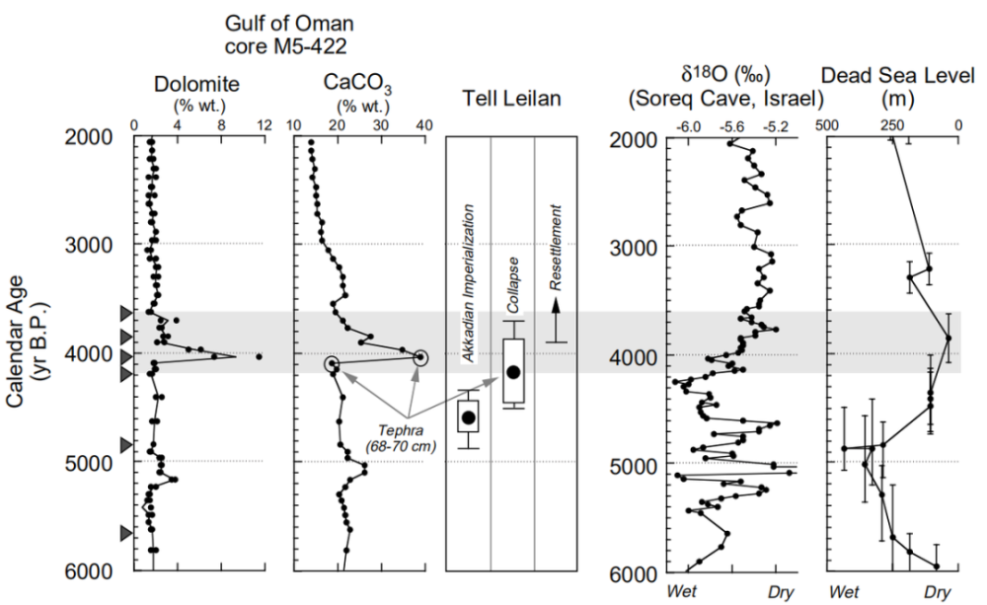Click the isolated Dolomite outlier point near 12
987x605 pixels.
pos(259,356)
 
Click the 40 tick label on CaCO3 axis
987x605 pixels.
pos(424,125)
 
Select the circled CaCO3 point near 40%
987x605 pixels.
pos(421,357)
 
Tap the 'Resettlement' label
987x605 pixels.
pos(556,247)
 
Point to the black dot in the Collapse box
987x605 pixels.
pos(512,371)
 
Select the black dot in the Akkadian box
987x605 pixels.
pos(468,417)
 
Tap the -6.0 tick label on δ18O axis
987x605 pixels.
pos(687,126)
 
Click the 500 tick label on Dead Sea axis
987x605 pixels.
pos(827,126)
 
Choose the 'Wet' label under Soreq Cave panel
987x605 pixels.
pos(686,592)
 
